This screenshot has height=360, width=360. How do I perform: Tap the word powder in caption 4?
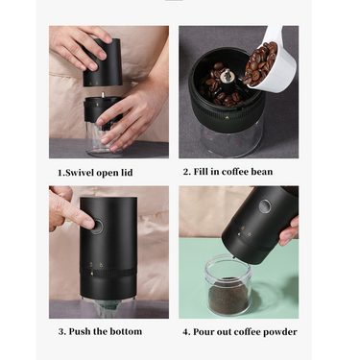point(277,331)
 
